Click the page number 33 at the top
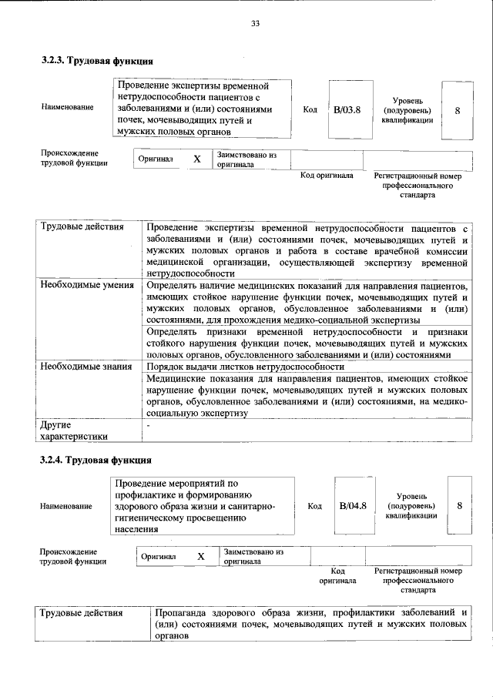(255, 24)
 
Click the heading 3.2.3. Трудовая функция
(96, 59)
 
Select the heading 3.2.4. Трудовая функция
(96, 460)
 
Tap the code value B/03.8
(347, 110)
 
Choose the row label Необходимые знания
(84, 367)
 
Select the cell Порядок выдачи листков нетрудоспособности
(245, 367)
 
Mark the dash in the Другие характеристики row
(149, 425)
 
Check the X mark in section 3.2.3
(196, 159)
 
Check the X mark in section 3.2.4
(201, 556)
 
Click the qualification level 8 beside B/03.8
(458, 110)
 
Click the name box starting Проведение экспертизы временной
(203, 109)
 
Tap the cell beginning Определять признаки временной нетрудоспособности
(307, 343)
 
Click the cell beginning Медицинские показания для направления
(307, 396)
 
